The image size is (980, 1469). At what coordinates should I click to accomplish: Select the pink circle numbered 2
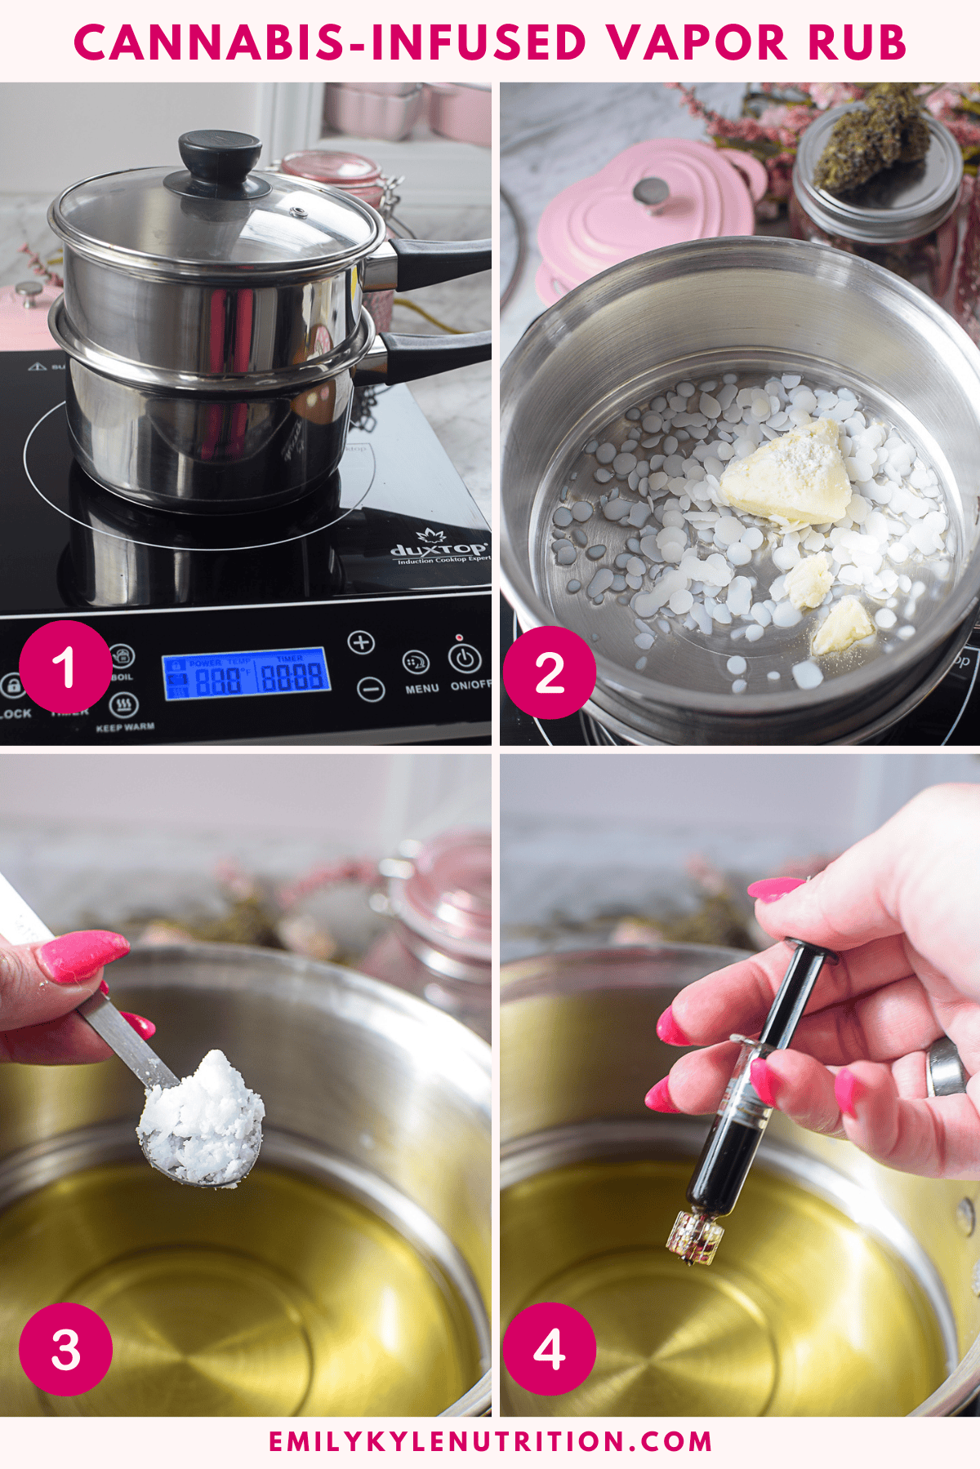(x=549, y=672)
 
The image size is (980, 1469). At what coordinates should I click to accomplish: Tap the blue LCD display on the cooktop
(x=246, y=674)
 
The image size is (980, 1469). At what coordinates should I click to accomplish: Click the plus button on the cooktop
(x=361, y=642)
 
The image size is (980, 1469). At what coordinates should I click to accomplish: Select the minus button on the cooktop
(x=371, y=690)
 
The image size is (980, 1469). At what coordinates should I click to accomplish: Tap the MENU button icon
(x=416, y=662)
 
